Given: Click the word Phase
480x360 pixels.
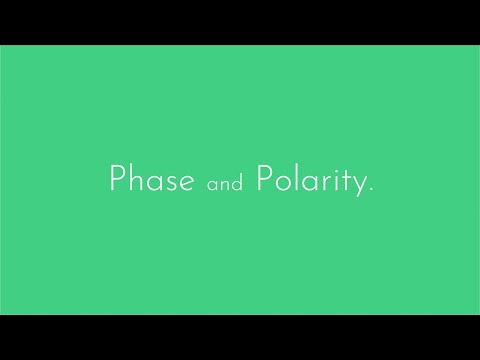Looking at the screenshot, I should click(x=150, y=181).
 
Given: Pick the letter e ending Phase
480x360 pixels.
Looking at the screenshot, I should click(x=183, y=184).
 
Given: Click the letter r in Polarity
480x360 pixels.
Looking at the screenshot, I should click(x=321, y=184).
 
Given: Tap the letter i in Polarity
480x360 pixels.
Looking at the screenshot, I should click(x=331, y=181).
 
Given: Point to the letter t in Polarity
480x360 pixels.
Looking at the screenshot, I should click(x=341, y=182).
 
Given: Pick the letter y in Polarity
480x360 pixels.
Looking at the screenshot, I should click(x=356, y=187).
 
